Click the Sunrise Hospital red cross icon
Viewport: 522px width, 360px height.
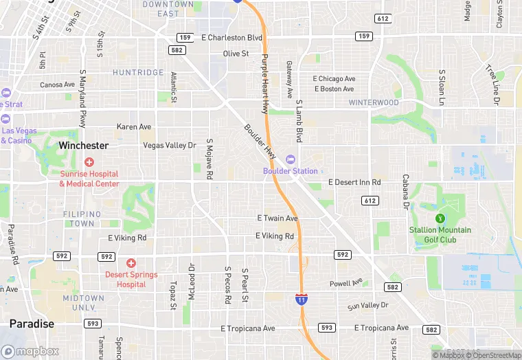pos(89,162)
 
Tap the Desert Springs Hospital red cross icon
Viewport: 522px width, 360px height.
pos(131,263)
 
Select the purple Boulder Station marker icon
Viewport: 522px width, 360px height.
pos(291,159)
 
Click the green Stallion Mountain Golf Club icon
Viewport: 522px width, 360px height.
pos(440,218)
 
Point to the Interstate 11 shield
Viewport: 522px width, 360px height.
pos(301,299)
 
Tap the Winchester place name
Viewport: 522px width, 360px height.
pos(83,146)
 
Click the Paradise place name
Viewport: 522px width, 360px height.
pos(32,324)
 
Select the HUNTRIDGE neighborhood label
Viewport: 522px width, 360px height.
pos(138,72)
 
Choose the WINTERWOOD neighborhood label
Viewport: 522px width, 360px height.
pos(374,103)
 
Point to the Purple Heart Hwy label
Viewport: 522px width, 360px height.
pos(264,84)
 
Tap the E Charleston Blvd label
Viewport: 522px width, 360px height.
pos(231,37)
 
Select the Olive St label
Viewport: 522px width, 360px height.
pos(236,54)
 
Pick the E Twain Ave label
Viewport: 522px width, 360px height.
pos(277,218)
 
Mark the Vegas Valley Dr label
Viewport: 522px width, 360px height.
pos(170,145)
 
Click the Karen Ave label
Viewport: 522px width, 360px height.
pos(134,127)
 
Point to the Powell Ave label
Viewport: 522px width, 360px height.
pos(345,283)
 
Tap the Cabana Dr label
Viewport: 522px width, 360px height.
pos(406,191)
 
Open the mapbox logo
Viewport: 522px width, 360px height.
pos(30,351)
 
